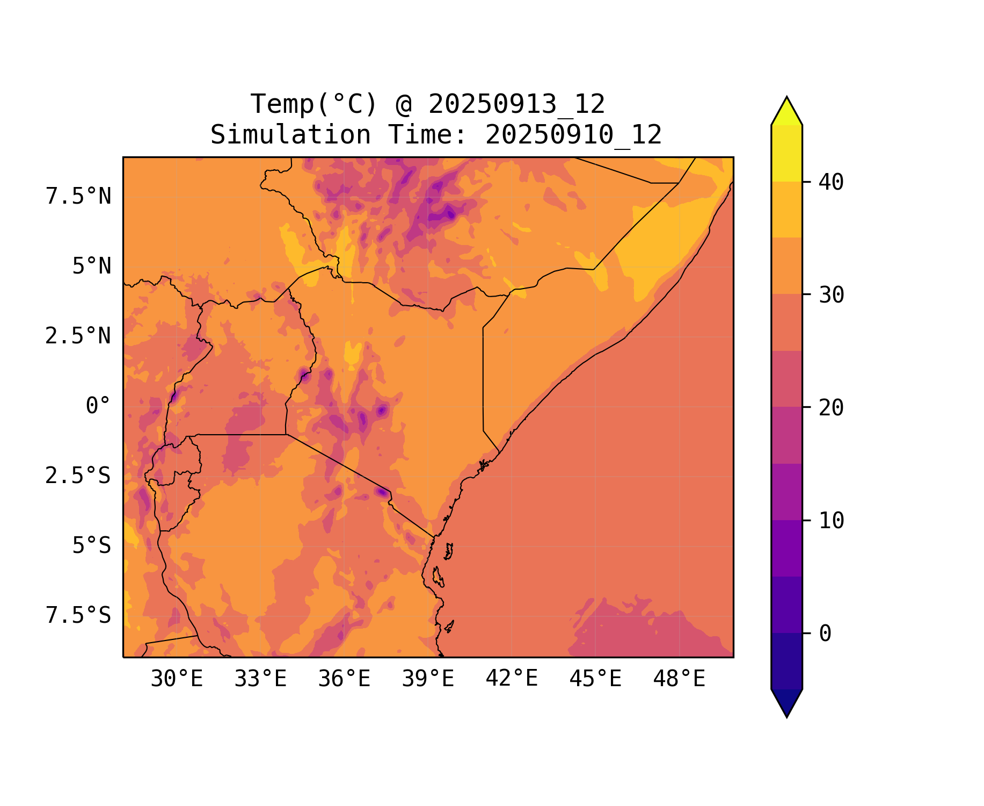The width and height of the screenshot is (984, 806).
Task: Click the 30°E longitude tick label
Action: click(177, 679)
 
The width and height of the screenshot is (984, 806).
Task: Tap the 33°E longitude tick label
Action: click(260, 679)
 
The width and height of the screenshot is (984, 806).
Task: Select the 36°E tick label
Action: click(344, 679)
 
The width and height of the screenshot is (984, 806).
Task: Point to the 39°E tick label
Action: click(428, 679)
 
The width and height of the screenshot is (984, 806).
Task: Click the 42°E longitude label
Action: click(512, 679)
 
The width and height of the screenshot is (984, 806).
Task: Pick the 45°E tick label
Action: click(595, 679)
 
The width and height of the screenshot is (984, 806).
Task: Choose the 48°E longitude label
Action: click(679, 679)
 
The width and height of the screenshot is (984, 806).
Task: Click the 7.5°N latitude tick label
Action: click(78, 196)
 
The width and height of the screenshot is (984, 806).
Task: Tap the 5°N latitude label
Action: click(92, 266)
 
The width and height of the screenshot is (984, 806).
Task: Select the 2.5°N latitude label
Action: click(78, 336)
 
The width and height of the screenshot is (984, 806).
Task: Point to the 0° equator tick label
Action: click(98, 406)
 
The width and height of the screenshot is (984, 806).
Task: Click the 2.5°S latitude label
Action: click(78, 476)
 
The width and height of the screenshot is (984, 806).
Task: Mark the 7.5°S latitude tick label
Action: click(78, 615)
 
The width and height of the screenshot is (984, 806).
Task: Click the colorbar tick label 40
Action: click(831, 182)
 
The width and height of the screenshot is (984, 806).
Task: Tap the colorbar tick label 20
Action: click(831, 408)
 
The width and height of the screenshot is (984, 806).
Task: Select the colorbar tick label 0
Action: click(825, 634)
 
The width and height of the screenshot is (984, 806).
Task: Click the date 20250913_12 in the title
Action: click(516, 104)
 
